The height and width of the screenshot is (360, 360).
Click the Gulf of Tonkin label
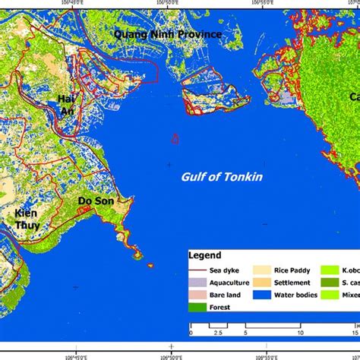(x=210, y=176)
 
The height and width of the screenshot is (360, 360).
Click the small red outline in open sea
(x=175, y=138)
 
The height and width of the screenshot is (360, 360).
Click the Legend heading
(x=205, y=256)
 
